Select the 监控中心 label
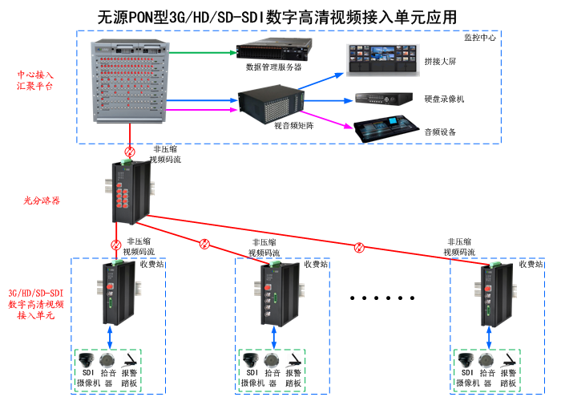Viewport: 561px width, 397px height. pos(480,38)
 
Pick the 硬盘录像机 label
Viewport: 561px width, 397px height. pos(444,99)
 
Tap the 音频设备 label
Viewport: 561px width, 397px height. pos(440,132)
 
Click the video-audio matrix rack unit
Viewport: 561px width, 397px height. pos(272,102)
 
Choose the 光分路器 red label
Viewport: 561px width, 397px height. pos(42,200)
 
